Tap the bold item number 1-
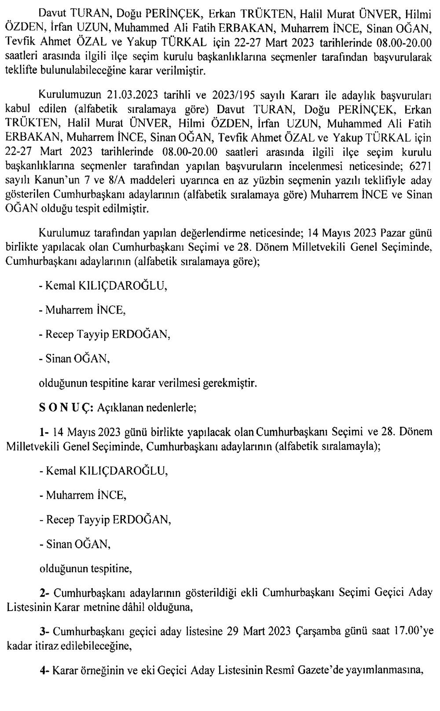[44, 431]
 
